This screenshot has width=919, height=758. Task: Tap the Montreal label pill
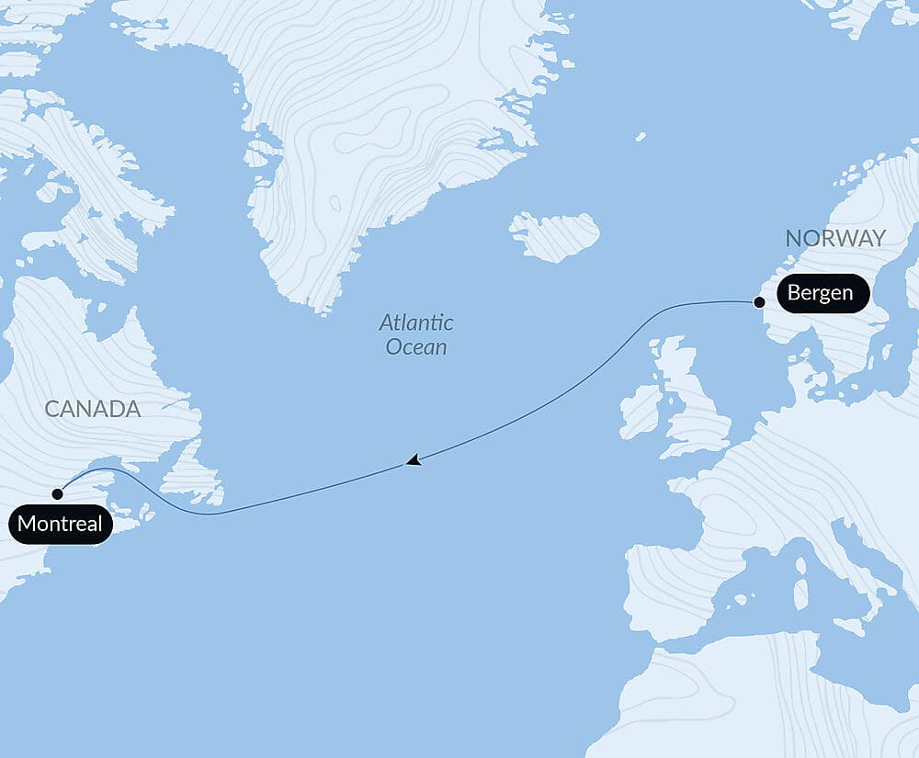click(x=62, y=526)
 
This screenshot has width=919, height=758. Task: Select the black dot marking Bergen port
click(x=759, y=301)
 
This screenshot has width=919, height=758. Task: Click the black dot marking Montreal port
click(x=57, y=493)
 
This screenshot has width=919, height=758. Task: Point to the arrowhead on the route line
click(x=414, y=460)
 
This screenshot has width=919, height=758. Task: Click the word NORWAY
click(x=835, y=239)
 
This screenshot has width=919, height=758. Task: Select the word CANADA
click(x=92, y=409)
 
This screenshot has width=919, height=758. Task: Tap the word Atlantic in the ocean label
click(x=416, y=323)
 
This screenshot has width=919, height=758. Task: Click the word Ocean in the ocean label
click(x=416, y=347)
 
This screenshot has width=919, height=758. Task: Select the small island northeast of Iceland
click(x=640, y=137)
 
